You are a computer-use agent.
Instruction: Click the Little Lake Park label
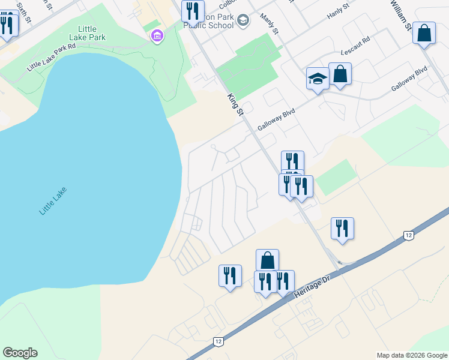[91, 33]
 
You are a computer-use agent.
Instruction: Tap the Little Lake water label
[53, 202]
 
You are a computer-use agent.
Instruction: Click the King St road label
[235, 104]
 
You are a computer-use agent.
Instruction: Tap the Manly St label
[270, 24]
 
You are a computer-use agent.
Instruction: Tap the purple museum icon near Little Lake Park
[157, 37]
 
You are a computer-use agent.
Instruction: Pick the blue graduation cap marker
[318, 78]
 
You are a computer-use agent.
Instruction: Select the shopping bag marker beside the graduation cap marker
[340, 74]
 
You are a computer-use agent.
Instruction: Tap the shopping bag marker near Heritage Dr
[267, 260]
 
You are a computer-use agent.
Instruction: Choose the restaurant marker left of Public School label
[193, 11]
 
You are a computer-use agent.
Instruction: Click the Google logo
[20, 353]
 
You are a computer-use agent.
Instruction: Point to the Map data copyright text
[412, 355]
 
